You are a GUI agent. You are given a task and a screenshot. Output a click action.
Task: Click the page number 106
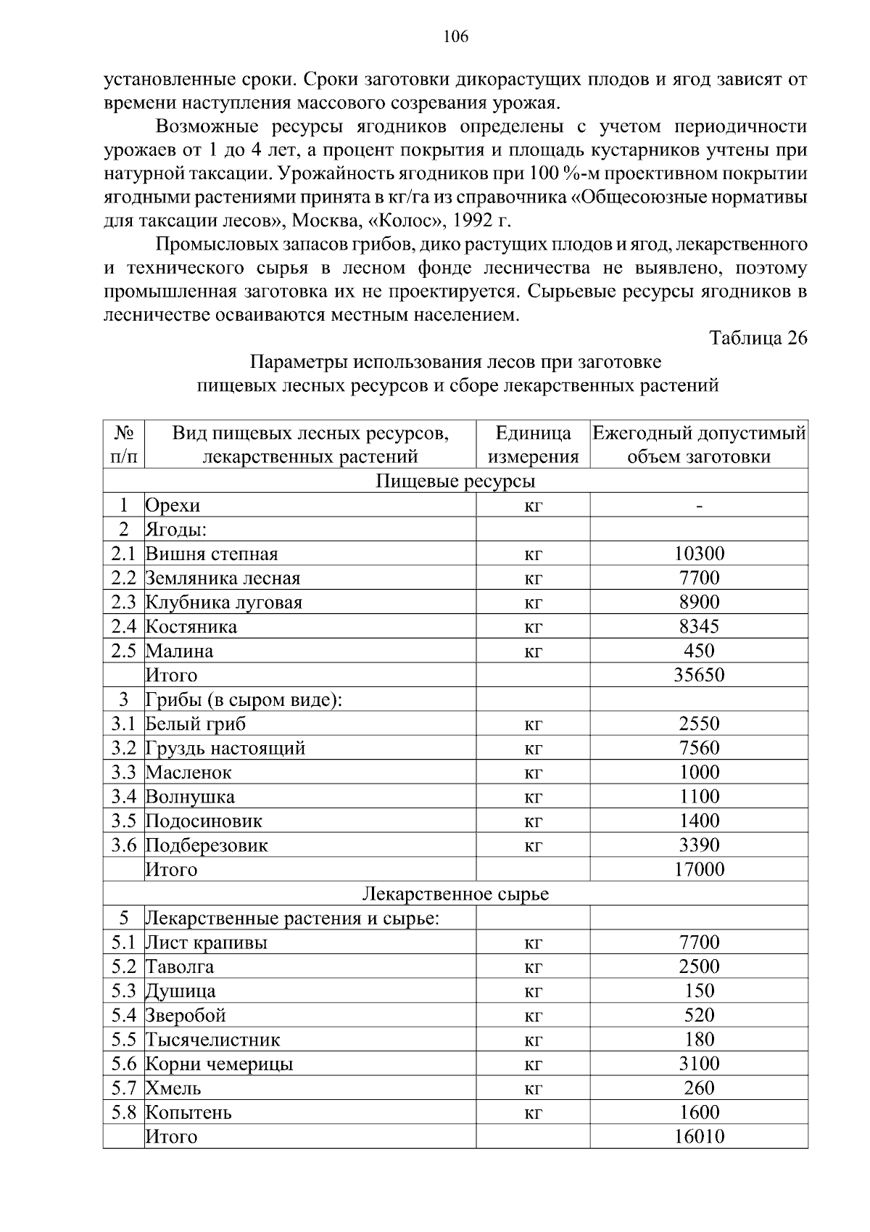point(455,36)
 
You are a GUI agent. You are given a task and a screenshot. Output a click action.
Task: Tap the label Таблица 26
point(758,338)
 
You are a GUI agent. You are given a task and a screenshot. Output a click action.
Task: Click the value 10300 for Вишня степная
point(699,554)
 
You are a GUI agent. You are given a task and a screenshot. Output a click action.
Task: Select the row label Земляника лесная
point(223,578)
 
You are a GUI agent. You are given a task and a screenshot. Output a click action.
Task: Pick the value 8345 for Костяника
point(699,627)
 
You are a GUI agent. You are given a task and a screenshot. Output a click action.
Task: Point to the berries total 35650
point(699,675)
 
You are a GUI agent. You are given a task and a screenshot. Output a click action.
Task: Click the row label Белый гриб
point(196,724)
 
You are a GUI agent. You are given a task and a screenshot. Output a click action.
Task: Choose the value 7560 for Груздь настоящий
point(699,748)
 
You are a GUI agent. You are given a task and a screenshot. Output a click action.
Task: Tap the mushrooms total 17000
point(699,869)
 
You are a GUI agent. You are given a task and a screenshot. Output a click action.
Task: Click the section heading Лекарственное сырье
point(455,894)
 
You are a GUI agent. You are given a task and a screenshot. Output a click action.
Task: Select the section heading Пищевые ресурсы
point(455,481)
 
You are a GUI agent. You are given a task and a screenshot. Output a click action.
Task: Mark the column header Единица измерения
point(533,445)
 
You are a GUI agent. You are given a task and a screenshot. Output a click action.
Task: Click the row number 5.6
point(124,1064)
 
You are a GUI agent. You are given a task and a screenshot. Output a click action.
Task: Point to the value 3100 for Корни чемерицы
point(699,1064)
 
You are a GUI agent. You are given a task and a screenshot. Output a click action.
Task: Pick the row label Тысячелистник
point(213,1040)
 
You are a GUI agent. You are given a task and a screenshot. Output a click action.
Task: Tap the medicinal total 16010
point(699,1137)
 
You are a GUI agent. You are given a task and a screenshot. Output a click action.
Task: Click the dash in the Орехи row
point(699,506)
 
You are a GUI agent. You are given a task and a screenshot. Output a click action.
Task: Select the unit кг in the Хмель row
point(533,1088)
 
